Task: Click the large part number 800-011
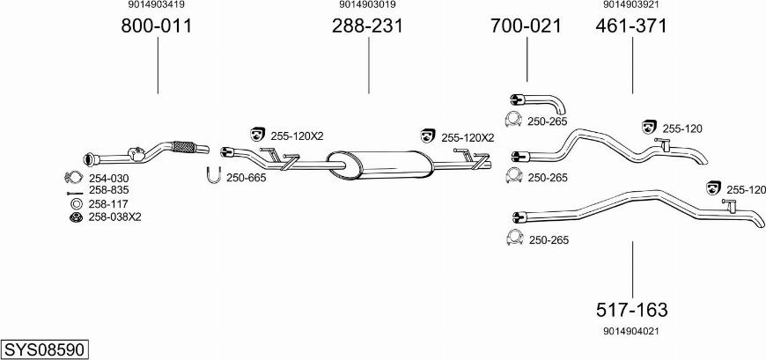click(157, 26)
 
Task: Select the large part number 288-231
click(368, 26)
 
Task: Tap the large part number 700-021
click(527, 26)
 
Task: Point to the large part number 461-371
click(631, 26)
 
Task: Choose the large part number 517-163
click(632, 310)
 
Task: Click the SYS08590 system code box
click(46, 350)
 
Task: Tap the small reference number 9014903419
click(157, 4)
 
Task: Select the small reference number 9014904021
click(631, 331)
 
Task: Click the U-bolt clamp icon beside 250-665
click(213, 175)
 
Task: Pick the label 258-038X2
click(114, 217)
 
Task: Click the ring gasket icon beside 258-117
click(76, 204)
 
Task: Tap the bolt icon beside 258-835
click(75, 194)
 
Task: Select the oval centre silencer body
click(380, 165)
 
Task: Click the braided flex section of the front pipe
click(184, 147)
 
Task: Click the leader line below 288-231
click(368, 65)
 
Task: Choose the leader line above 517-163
click(633, 269)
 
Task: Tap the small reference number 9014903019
click(367, 4)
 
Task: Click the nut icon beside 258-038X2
click(75, 217)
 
